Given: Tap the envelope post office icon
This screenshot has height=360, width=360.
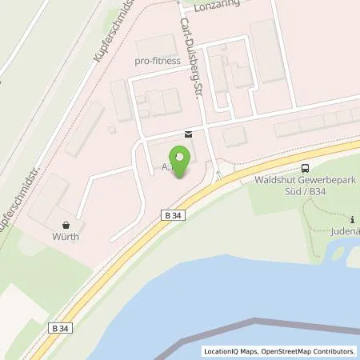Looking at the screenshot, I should pyautogui.click(x=187, y=134).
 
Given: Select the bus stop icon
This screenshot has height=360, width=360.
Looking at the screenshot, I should pyautogui.click(x=305, y=167).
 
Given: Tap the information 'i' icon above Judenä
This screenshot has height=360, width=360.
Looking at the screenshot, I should pyautogui.click(x=353, y=218).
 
